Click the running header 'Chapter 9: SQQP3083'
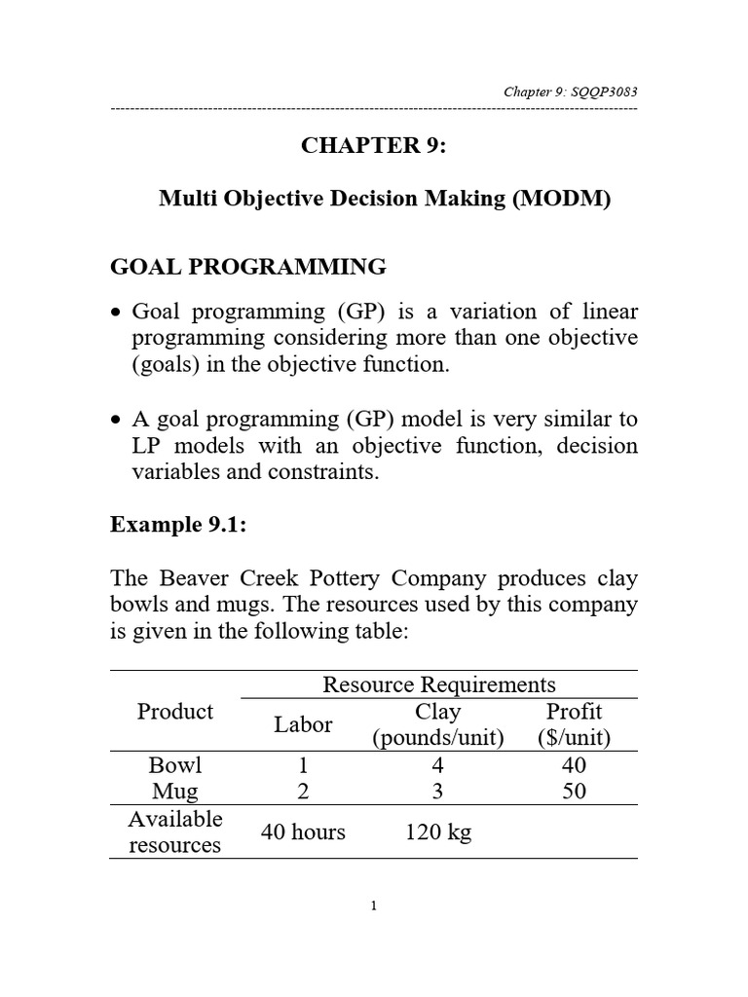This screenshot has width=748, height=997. tap(570, 92)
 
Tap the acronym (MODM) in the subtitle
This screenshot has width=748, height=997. tap(567, 201)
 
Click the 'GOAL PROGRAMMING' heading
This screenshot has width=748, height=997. tap(248, 266)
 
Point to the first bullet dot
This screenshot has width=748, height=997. tap(117, 314)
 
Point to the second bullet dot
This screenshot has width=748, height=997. tap(117, 421)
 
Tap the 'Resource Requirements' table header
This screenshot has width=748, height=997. tap(439, 684)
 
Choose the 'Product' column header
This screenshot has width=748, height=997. tap(175, 712)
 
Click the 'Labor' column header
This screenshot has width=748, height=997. tap(303, 724)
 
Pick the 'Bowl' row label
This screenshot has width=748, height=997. tap(175, 765)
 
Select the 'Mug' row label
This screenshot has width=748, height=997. tap(175, 791)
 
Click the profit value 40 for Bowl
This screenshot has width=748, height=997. tap(575, 765)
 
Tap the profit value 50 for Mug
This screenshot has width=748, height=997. tap(575, 791)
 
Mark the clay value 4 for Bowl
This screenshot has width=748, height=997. tap(438, 765)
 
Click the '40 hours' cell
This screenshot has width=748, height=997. tap(303, 832)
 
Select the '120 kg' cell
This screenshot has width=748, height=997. tap(438, 832)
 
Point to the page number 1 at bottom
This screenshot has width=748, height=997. tap(374, 906)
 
